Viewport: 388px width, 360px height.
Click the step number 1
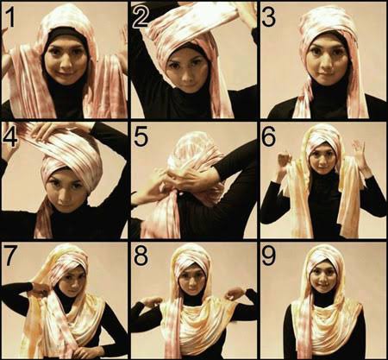[9, 17]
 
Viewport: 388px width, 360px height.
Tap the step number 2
[141, 17]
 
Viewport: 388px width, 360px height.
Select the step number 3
[269, 17]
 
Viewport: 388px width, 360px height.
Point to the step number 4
[9, 138]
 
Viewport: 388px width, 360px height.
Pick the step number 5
[141, 137]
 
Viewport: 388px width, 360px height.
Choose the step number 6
[269, 136]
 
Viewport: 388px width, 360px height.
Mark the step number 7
[9, 256]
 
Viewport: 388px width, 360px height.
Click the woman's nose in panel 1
[65, 63]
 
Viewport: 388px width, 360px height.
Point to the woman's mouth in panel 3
[326, 74]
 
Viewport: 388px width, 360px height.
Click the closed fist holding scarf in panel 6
[284, 162]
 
